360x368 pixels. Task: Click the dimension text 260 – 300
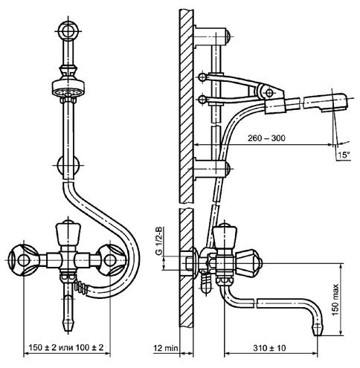266,138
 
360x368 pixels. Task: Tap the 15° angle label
344,155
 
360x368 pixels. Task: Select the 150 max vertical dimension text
335,300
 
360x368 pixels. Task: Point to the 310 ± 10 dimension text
269,348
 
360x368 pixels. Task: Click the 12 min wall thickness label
165,348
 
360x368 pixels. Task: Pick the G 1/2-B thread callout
159,240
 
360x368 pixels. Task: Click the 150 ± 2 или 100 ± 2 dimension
66,347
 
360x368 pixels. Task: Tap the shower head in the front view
68,88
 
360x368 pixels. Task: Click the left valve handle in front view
24,260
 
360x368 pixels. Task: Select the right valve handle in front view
111,260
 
